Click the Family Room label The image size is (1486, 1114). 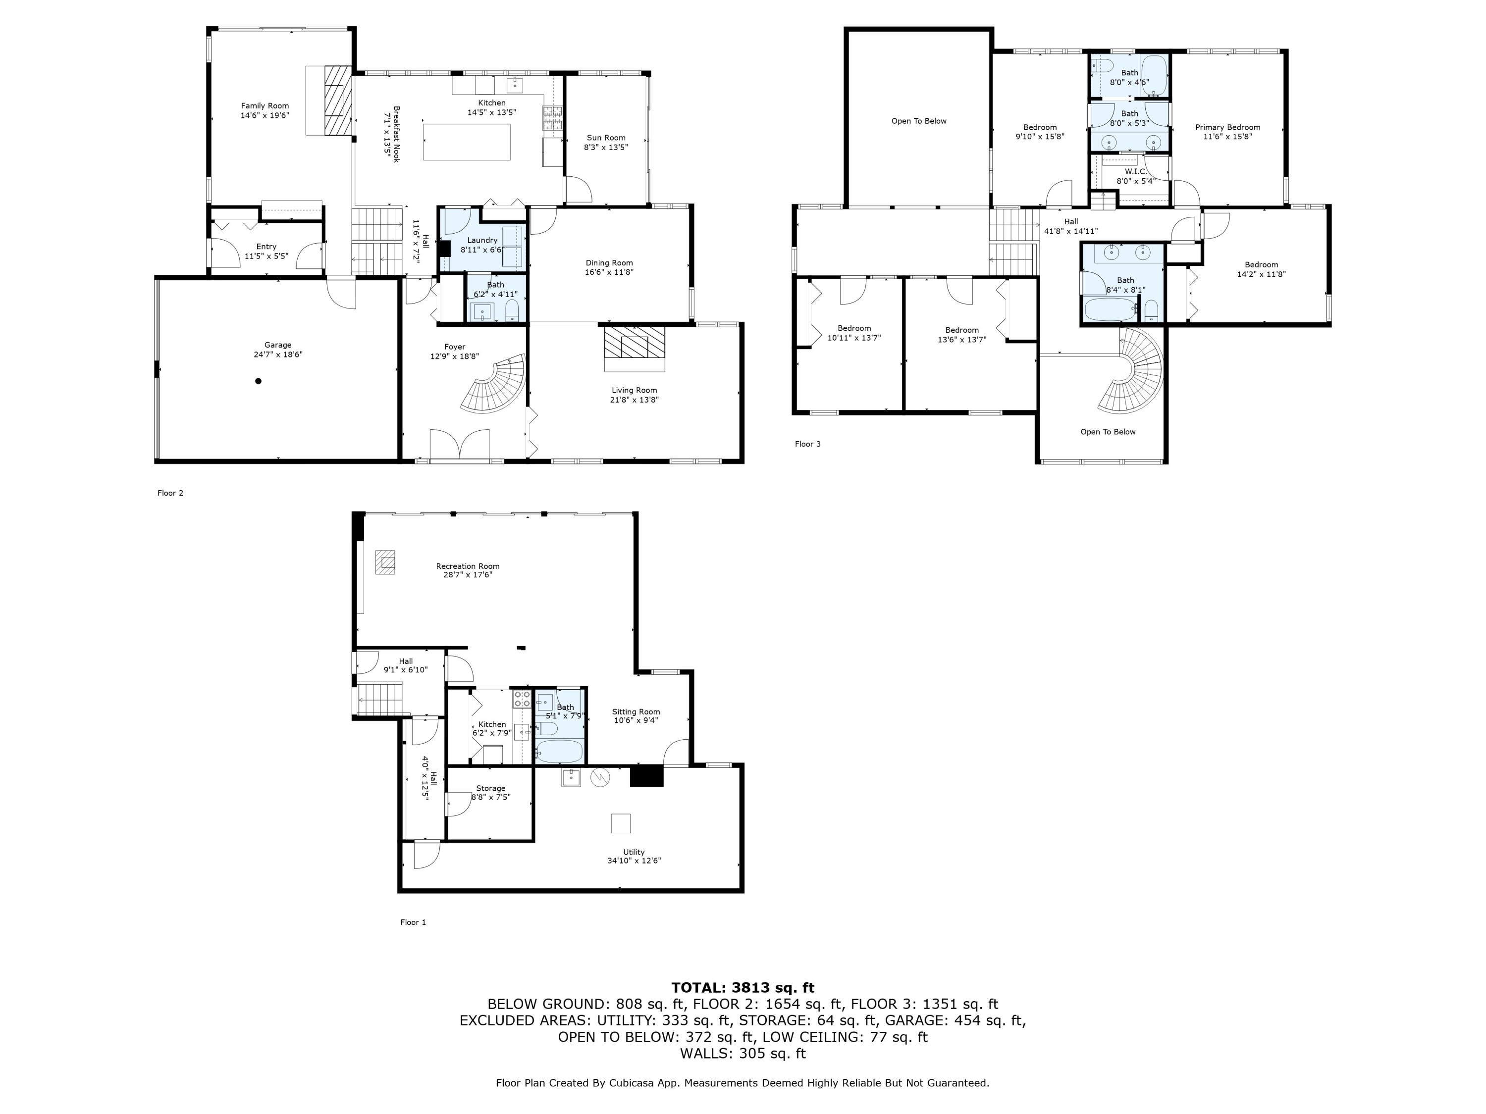pyautogui.click(x=265, y=105)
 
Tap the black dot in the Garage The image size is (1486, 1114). pyautogui.click(x=258, y=381)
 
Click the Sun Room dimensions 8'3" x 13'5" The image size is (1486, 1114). pyautogui.click(x=605, y=147)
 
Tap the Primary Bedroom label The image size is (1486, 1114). pyautogui.click(x=1227, y=127)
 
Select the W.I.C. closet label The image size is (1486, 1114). pyautogui.click(x=1135, y=172)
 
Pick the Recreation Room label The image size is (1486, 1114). pyautogui.click(x=468, y=566)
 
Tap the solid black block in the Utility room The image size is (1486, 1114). pyautogui.click(x=646, y=776)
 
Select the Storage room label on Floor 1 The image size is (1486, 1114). pyautogui.click(x=490, y=788)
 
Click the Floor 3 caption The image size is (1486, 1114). pyautogui.click(x=807, y=444)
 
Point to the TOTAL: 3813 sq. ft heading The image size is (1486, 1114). pyautogui.click(x=743, y=988)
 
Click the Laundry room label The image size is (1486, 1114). pyautogui.click(x=482, y=240)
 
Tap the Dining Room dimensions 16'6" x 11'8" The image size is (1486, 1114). pyautogui.click(x=609, y=272)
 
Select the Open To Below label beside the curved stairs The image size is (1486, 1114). pyautogui.click(x=1108, y=432)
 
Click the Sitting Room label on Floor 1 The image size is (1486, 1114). pyautogui.click(x=636, y=712)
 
